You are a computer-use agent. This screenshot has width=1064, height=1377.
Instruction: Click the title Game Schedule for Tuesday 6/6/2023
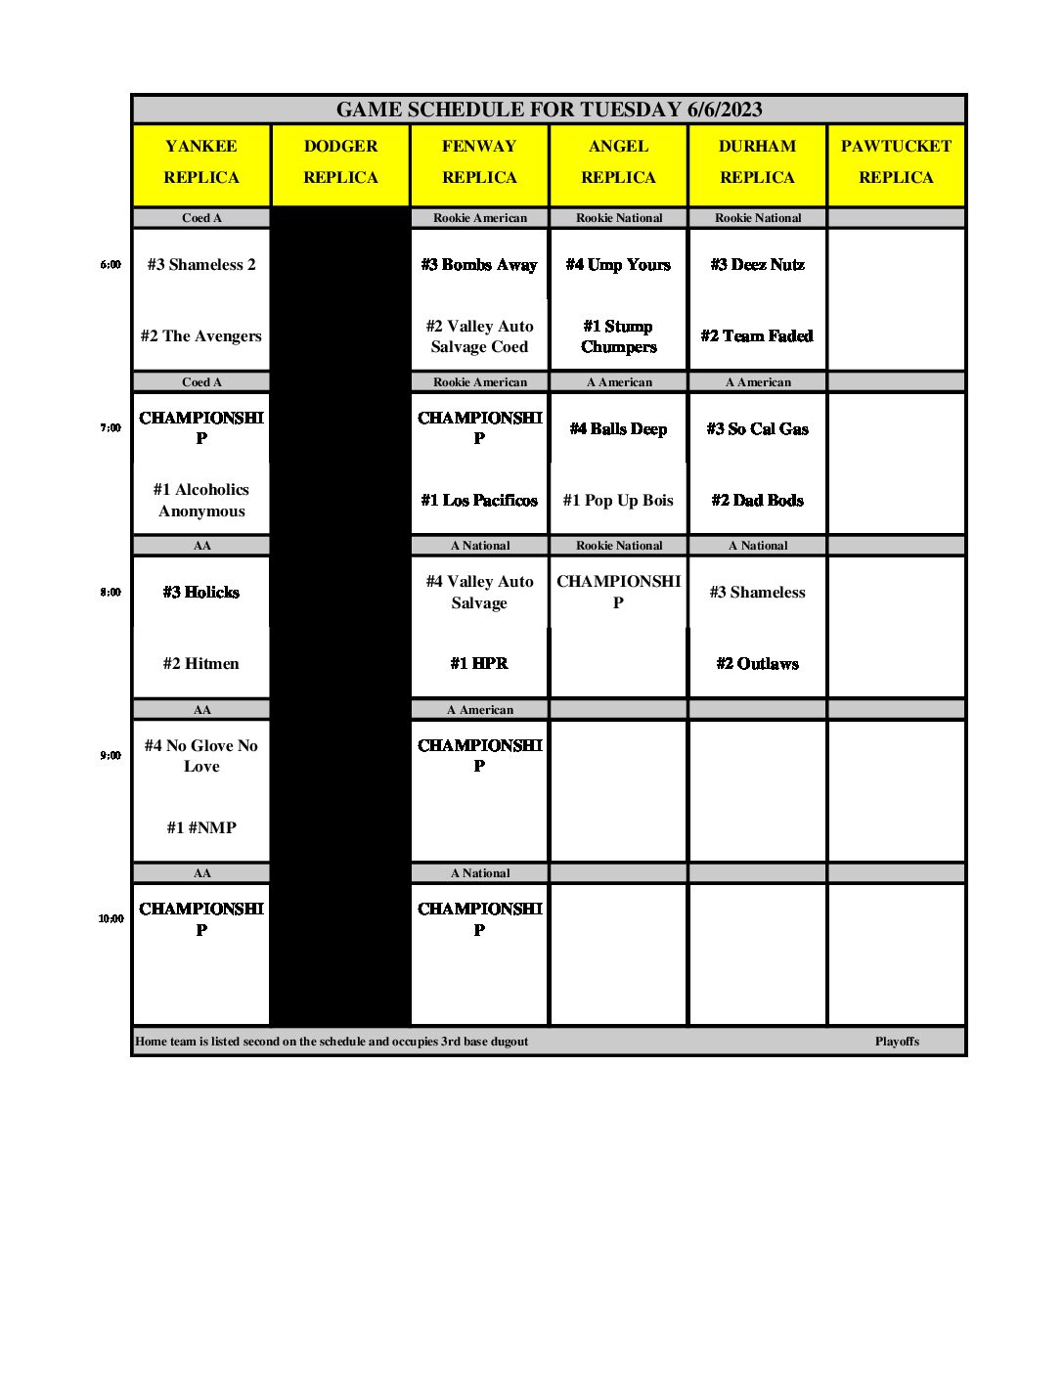[x=549, y=110]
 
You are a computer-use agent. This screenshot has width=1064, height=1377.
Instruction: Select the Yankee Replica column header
[x=201, y=161]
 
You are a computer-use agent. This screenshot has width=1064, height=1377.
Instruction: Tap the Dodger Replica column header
[x=340, y=161]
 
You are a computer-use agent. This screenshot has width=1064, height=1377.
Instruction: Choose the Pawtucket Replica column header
[x=896, y=161]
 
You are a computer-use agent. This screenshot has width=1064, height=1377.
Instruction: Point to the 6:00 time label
[x=111, y=264]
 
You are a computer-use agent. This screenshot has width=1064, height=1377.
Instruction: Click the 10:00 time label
[x=111, y=918]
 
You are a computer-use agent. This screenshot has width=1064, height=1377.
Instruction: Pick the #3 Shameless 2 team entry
[x=201, y=264]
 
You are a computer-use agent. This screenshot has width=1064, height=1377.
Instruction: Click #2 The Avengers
[x=201, y=335]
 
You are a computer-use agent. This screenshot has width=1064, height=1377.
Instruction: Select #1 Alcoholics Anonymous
[x=201, y=500]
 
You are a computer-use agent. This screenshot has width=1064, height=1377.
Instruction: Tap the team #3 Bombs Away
[x=479, y=264]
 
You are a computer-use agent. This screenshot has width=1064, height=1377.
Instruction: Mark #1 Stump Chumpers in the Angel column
[x=618, y=336]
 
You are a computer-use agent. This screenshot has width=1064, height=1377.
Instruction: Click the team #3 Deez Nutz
[x=757, y=264]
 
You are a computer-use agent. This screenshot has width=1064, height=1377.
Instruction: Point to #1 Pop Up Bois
[x=618, y=500]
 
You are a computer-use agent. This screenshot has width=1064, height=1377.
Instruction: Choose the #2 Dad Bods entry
[x=757, y=500]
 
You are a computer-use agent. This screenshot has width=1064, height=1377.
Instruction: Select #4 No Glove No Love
[x=201, y=756]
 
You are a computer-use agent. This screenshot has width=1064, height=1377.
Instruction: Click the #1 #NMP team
[x=201, y=827]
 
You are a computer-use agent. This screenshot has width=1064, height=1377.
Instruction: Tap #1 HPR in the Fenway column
[x=479, y=663]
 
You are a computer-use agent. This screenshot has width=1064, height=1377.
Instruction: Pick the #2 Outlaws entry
[x=757, y=663]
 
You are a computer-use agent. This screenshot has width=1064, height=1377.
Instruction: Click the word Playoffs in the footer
[x=897, y=1042]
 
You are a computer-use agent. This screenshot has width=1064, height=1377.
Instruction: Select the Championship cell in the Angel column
[x=618, y=592]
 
